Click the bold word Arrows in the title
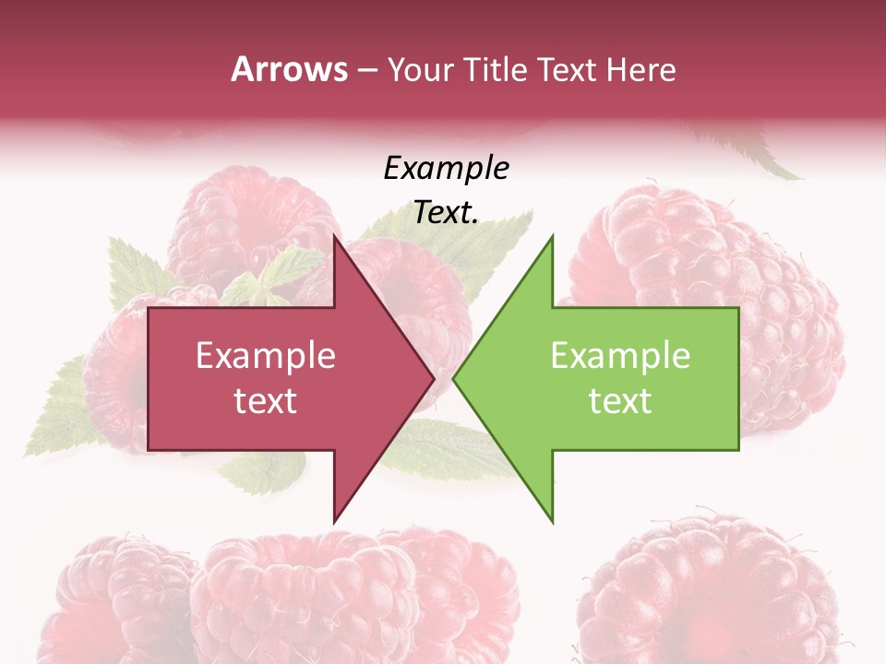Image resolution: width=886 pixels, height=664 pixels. pyautogui.click(x=288, y=69)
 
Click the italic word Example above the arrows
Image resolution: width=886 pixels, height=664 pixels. pyautogui.click(x=446, y=168)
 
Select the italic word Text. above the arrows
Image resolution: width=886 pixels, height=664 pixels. pyautogui.click(x=446, y=212)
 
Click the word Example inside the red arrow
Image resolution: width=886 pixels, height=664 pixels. pyautogui.click(x=265, y=355)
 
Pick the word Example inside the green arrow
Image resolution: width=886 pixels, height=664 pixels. pyautogui.click(x=620, y=355)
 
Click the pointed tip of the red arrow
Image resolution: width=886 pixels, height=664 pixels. pyautogui.click(x=433, y=378)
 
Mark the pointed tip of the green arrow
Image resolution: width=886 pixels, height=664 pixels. pyautogui.click(x=454, y=378)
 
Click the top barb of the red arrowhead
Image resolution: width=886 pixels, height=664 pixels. pyautogui.click(x=335, y=238)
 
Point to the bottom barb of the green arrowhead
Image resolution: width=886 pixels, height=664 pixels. pyautogui.click(x=552, y=520)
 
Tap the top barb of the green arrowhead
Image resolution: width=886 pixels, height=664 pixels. pyautogui.click(x=552, y=238)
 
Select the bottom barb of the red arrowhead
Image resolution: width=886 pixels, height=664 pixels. pyautogui.click(x=335, y=520)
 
